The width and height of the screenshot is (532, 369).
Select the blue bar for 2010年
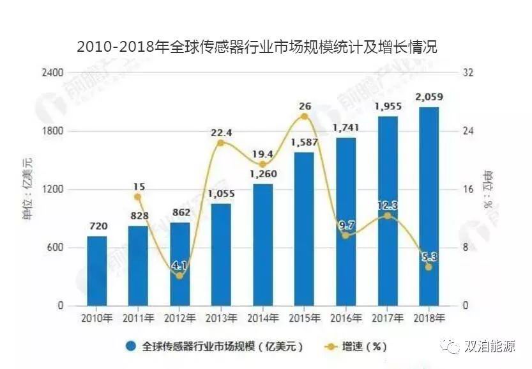click(97, 271)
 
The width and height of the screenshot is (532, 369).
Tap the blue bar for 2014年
click(262, 244)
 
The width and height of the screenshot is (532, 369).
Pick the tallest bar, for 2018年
click(429, 206)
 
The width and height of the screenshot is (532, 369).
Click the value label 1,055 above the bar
click(221, 194)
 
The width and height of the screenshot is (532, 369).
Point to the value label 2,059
click(429, 97)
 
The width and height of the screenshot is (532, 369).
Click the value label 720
click(97, 226)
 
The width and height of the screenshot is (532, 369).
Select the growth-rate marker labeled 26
click(304, 116)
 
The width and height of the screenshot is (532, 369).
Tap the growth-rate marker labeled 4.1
click(179, 276)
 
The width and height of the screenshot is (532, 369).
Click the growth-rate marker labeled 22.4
click(221, 143)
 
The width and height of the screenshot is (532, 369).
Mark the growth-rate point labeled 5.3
click(429, 267)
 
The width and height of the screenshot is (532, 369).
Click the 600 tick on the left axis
click(56, 247)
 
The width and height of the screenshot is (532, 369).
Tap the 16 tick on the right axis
click(467, 189)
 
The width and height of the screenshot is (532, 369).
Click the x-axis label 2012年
click(179, 317)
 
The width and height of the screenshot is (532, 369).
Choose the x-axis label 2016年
click(346, 317)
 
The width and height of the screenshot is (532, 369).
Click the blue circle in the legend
click(130, 346)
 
